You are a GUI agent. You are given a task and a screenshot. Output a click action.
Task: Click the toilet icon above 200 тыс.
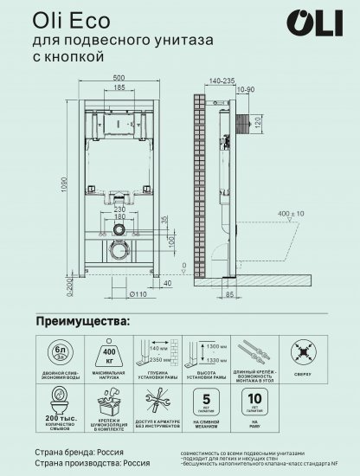(x=55, y=404)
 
